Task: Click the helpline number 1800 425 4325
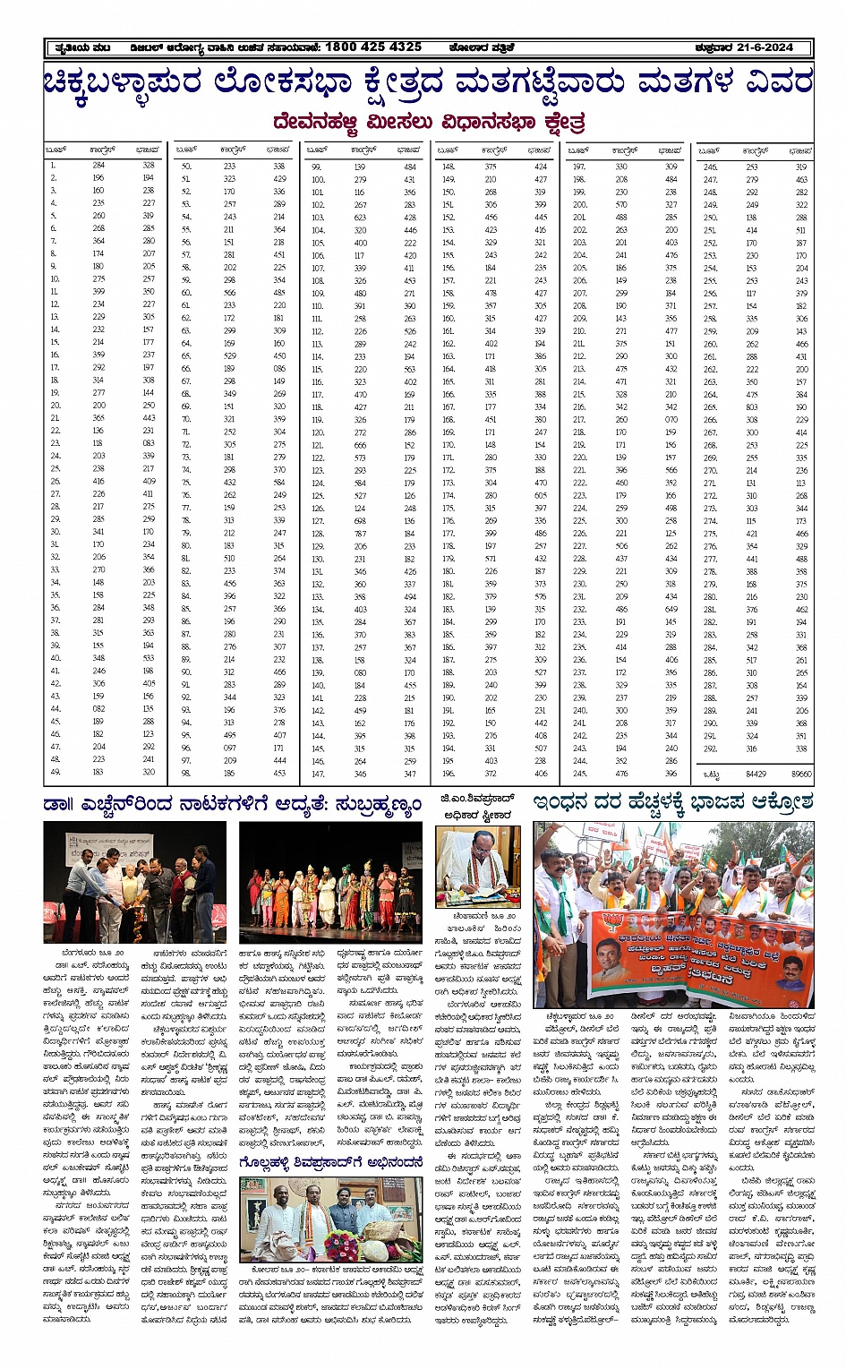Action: point(372,47)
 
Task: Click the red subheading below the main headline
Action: point(430,122)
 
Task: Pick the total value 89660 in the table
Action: point(801,774)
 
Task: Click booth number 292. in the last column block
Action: point(711,749)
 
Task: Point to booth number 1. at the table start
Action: point(54,165)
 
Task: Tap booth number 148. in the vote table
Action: point(449,167)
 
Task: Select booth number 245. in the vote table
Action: point(579,774)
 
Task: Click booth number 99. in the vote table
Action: point(317,167)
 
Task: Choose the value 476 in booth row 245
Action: point(621,774)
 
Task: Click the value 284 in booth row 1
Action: point(98,165)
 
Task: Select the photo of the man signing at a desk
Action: point(476,866)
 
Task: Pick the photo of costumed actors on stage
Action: point(330,882)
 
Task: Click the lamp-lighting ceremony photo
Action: point(135,882)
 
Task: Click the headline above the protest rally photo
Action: point(672,802)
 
